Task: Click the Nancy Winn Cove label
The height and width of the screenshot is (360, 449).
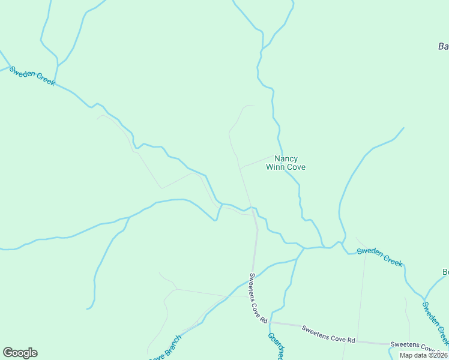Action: pyautogui.click(x=286, y=163)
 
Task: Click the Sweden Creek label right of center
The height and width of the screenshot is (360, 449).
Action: pyautogui.click(x=379, y=256)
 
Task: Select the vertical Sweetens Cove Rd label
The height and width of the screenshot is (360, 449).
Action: pyautogui.click(x=258, y=298)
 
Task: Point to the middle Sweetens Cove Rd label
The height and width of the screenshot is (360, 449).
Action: pyautogui.click(x=328, y=334)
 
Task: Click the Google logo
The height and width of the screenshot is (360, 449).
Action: pyautogui.click(x=20, y=353)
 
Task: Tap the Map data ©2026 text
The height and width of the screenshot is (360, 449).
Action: pyautogui.click(x=423, y=355)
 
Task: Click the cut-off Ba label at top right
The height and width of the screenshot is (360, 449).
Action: pyautogui.click(x=443, y=46)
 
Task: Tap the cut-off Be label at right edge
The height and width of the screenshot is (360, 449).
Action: pyautogui.click(x=445, y=272)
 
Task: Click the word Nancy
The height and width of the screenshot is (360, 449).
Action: pyautogui.click(x=286, y=159)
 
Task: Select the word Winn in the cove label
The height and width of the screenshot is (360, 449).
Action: pyautogui.click(x=276, y=167)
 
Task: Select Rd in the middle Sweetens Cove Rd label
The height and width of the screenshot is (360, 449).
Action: pyautogui.click(x=351, y=340)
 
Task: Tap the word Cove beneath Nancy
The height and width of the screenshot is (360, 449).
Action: pyautogui.click(x=296, y=167)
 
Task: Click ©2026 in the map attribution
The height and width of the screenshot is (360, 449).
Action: pyautogui.click(x=436, y=355)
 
